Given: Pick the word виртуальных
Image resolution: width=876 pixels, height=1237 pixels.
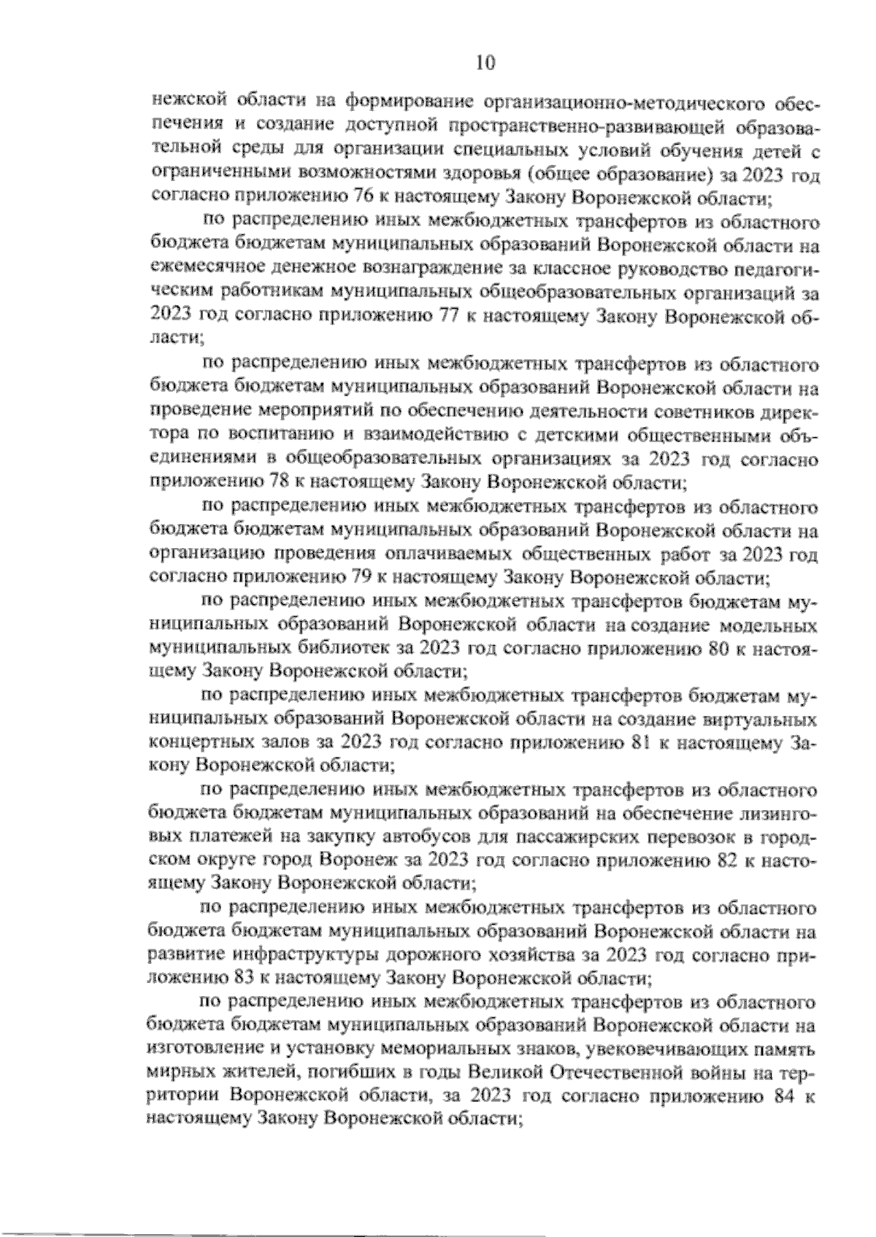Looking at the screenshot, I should click(x=764, y=720).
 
